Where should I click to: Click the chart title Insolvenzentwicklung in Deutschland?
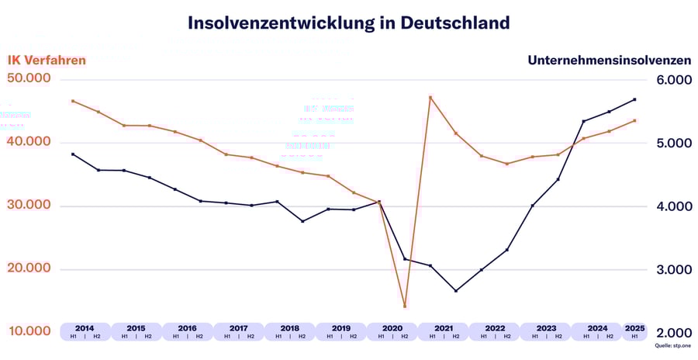click(348, 22)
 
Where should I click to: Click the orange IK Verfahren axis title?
click(47, 60)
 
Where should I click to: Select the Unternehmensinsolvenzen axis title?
click(609, 60)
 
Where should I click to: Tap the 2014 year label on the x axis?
click(85, 327)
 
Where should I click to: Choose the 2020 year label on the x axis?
click(392, 327)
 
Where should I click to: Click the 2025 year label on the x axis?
click(634, 327)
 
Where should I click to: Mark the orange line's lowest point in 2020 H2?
click(405, 306)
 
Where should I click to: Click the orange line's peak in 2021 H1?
click(430, 97)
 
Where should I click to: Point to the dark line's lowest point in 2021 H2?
click(455, 291)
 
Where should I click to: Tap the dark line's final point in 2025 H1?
click(634, 99)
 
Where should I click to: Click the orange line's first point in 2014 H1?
click(73, 101)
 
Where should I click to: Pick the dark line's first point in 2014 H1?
click(73, 154)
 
